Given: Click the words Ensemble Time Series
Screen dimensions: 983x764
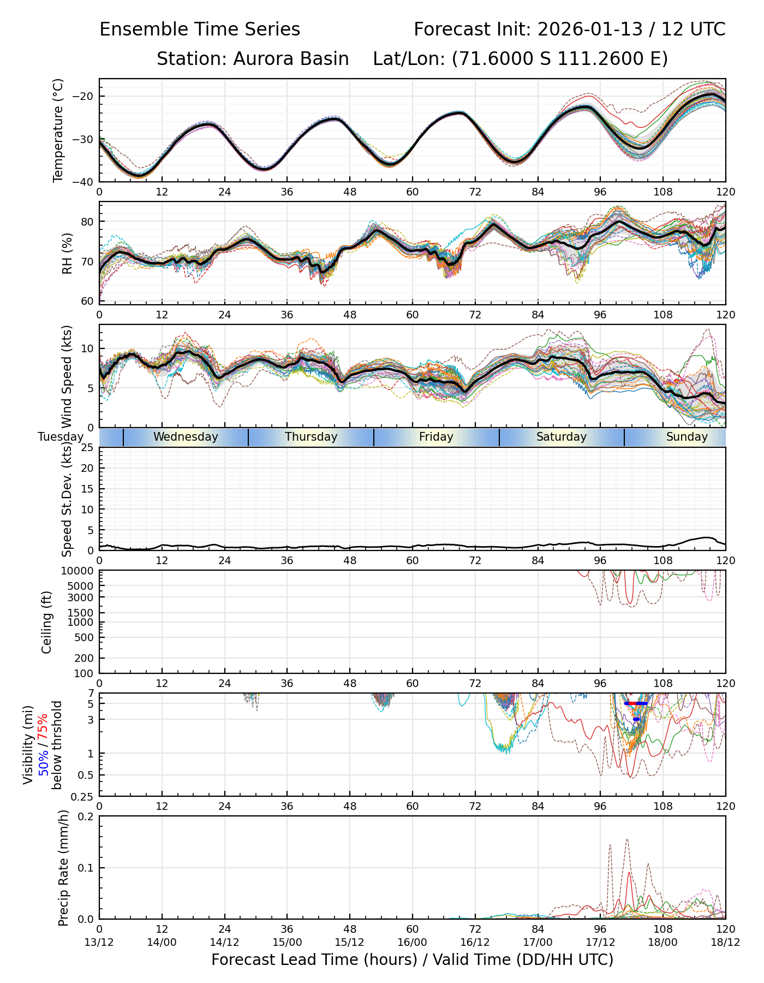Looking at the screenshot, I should (x=200, y=29).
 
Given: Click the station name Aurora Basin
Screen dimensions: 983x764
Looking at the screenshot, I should (x=291, y=59).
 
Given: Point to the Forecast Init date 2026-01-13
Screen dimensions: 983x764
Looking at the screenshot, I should (x=590, y=29).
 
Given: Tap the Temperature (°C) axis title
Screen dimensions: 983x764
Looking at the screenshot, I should (x=58, y=130).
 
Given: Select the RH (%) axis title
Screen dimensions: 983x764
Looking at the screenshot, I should (x=68, y=253).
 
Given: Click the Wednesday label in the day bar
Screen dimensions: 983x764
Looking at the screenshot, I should (x=186, y=437).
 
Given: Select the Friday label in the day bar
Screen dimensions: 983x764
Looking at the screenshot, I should (x=436, y=437).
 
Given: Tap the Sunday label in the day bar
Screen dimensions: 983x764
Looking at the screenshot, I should (x=687, y=437).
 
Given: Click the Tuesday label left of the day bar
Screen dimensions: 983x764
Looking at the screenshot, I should (x=61, y=437).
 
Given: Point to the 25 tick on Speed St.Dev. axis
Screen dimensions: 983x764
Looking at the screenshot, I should (x=88, y=448).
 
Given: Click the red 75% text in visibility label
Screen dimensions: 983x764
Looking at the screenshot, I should (x=43, y=726).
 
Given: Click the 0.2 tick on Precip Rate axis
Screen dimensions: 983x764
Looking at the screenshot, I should (x=86, y=817).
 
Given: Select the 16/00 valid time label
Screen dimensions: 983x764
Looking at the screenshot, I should (x=412, y=943).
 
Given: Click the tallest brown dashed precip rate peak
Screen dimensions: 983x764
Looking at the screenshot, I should (x=627, y=839).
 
